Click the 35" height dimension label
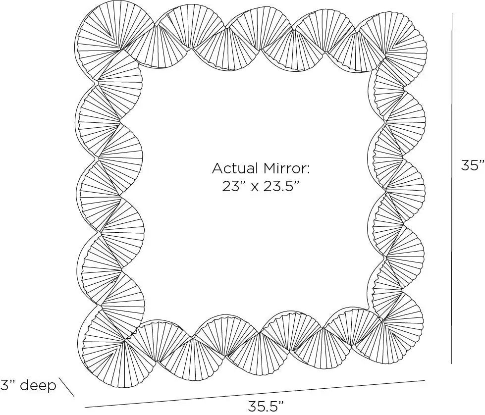click(x=473, y=165)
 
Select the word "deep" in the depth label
click(x=39, y=385)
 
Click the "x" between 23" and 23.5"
click(x=255, y=188)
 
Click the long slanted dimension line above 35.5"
click(x=255, y=394)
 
